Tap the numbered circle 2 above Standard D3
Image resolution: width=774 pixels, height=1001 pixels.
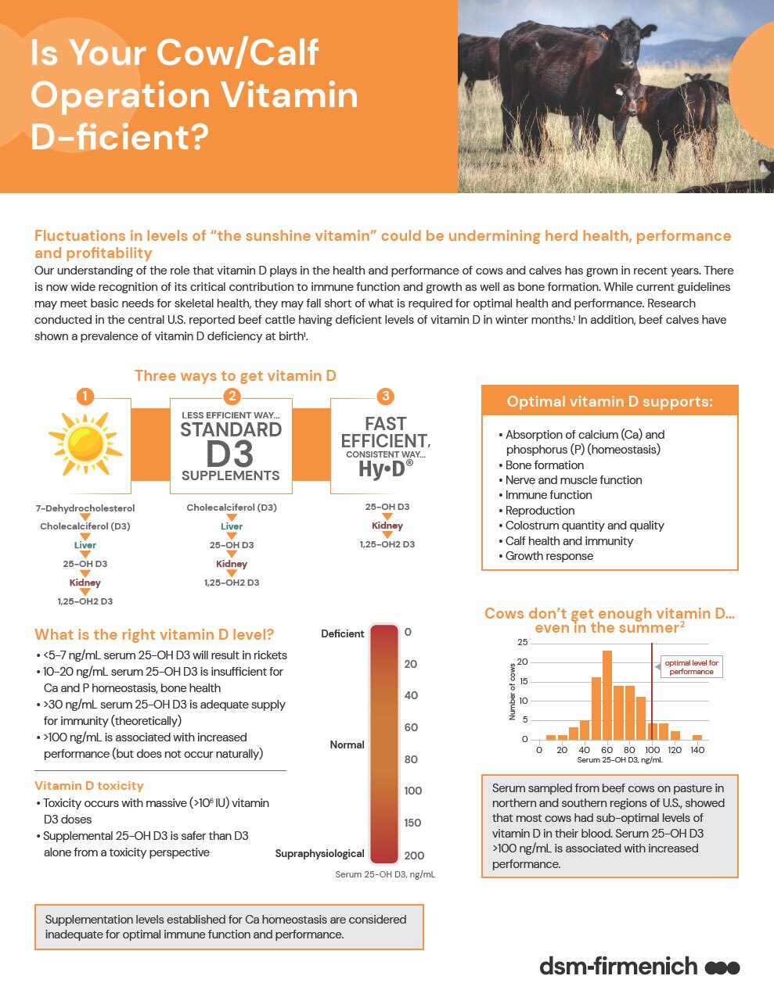point(231,396)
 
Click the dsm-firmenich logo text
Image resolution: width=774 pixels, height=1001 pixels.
point(618,966)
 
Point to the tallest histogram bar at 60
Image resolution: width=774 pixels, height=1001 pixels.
point(607,694)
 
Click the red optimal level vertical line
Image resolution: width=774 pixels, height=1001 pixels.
point(652,692)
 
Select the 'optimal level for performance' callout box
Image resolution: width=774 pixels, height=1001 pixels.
point(691,667)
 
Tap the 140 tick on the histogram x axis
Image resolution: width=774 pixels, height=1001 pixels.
point(697,750)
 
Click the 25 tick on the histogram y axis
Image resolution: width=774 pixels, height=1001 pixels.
point(523,643)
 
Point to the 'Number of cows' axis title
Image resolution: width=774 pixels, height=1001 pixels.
point(513,691)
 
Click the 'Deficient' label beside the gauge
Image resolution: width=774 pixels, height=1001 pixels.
point(342,633)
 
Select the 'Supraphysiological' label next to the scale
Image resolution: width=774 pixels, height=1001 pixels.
point(319,853)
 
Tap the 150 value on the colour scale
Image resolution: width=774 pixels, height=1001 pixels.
point(412,823)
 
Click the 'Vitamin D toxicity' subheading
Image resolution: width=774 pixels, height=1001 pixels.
point(89,785)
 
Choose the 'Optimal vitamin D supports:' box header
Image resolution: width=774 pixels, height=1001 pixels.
point(610,401)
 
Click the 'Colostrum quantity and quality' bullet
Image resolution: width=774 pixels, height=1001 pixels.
point(584,526)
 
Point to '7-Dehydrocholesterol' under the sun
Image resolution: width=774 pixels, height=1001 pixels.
point(85,508)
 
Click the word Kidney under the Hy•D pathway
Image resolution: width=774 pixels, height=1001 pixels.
point(387,526)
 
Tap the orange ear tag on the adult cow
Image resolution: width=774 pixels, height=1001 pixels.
point(603,34)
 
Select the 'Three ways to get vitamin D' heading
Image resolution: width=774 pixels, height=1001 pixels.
point(236,375)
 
